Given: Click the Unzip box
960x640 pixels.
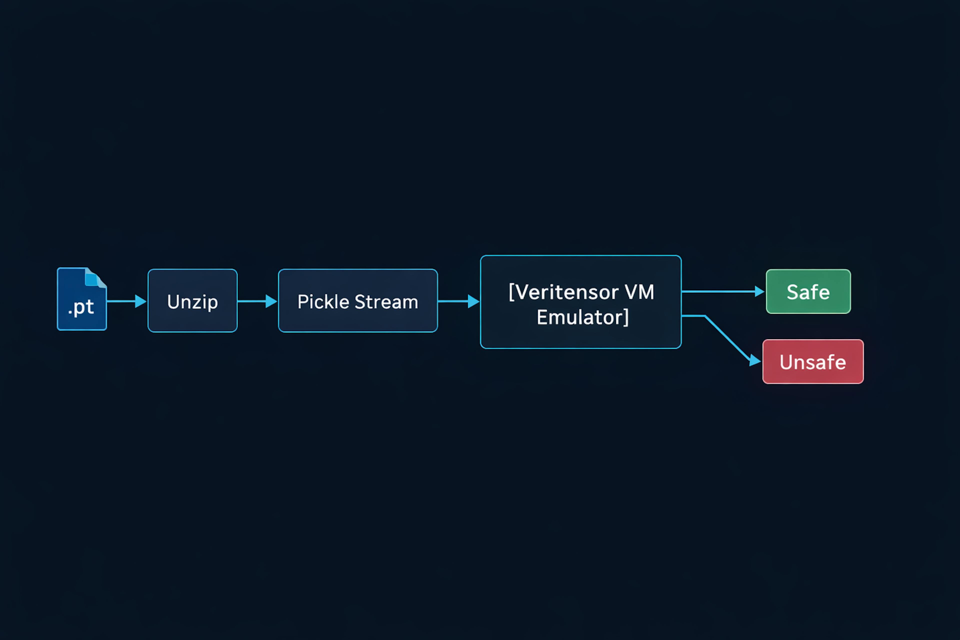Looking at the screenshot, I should click(x=192, y=301).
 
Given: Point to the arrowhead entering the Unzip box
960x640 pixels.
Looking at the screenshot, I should click(x=141, y=301).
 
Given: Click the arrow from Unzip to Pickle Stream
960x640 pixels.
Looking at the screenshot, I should click(x=253, y=301).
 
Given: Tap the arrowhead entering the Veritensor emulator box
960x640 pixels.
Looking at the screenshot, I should click(x=473, y=301).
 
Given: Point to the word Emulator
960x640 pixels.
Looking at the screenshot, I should click(x=579, y=317).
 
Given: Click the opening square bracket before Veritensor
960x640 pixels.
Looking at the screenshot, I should click(x=512, y=292).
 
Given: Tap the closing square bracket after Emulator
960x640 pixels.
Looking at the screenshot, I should click(x=626, y=317).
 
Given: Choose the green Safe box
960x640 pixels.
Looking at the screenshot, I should click(x=808, y=291).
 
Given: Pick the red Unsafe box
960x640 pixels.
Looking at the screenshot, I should click(x=813, y=362).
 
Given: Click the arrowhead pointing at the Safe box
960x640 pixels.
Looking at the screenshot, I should click(x=759, y=291).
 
